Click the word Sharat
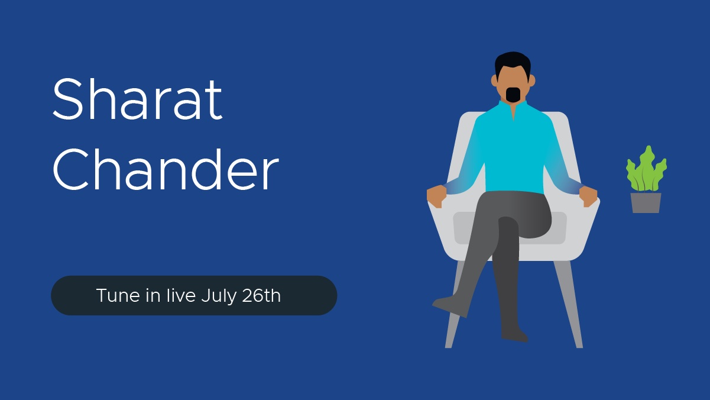138,99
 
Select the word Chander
166,169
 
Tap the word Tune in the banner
118,296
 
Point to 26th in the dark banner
261,295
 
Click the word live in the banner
181,295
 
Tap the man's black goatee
513,95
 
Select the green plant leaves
646,169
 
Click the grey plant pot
646,203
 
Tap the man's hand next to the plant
588,196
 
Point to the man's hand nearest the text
436,196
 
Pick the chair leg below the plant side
569,304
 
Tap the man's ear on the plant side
532,80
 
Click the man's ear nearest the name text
494,80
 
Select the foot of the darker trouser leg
514,335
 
